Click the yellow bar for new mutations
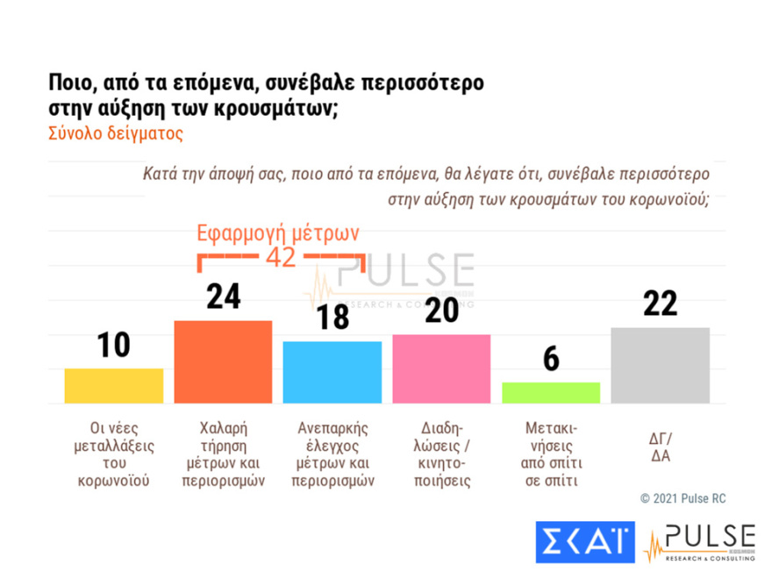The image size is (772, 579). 114,386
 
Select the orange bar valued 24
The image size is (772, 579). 223,361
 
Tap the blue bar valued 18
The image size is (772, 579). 332,372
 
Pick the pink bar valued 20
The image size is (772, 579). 441,368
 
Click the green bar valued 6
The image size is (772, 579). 550,392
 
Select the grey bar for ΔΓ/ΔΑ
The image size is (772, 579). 660,365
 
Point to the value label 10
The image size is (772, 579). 113,346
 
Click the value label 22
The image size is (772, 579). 660,304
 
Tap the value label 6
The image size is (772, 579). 551,359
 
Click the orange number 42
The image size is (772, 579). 280,257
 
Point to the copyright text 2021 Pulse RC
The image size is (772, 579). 683,498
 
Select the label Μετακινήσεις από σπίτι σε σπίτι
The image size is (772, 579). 551,454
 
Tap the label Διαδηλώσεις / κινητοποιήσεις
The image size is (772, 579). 441,454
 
